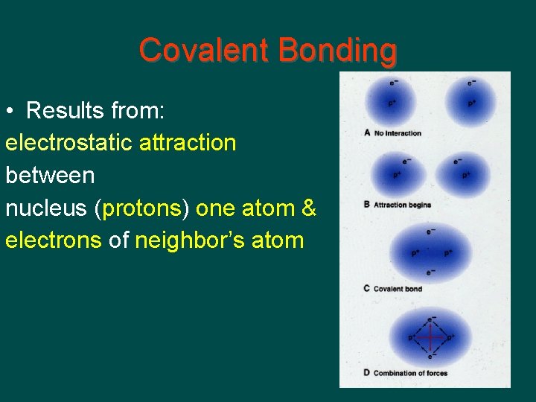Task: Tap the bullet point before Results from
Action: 10,112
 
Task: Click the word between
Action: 50,176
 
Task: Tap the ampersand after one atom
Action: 309,208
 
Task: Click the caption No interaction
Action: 398,133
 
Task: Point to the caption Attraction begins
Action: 402,205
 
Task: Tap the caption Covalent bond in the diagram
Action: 398,289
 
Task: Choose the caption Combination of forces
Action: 410,373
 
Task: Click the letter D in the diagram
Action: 367,373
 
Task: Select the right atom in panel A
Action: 470,101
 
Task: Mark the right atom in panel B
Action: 462,176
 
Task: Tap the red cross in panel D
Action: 431,337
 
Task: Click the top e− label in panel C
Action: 431,232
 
